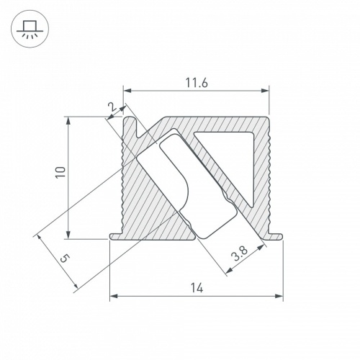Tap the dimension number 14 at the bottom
pyautogui.click(x=196, y=288)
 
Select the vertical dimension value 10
pyautogui.click(x=60, y=172)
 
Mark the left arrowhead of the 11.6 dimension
pyautogui.click(x=127, y=91)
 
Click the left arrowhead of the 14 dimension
pyautogui.click(x=113, y=296)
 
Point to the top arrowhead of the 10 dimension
pyautogui.click(x=68, y=120)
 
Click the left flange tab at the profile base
pyautogui.click(x=114, y=235)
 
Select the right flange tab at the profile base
pyautogui.click(x=275, y=235)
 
